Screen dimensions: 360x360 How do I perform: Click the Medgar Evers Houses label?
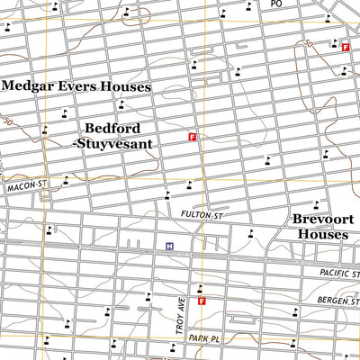[76, 86]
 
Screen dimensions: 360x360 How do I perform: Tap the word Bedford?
[112, 129]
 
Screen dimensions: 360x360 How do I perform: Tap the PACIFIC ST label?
[339, 273]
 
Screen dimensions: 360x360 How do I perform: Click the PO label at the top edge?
[276, 4]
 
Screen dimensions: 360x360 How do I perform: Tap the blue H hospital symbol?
[168, 246]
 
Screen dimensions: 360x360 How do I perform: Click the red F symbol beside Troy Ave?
[202, 301]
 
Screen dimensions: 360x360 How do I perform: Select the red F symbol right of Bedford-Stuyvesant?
[192, 137]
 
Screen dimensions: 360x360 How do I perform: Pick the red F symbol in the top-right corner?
[345, 46]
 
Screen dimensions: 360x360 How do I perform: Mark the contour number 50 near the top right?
[309, 44]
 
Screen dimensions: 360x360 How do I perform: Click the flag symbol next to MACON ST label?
[66, 180]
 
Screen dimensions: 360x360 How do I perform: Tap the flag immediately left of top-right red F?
[332, 42]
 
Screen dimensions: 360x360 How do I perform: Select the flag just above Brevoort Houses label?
[315, 203]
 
